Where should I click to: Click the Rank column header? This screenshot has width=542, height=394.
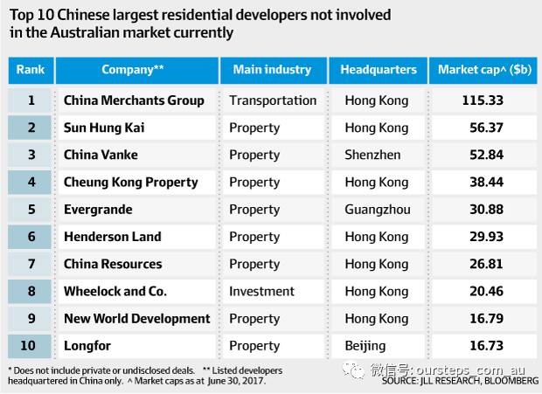[x=31, y=70]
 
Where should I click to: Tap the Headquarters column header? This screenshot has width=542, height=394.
[x=379, y=70]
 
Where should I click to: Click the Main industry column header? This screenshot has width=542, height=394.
[x=272, y=70]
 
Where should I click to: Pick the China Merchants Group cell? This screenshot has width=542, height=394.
[x=134, y=100]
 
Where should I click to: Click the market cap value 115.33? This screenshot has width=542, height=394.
[x=483, y=100]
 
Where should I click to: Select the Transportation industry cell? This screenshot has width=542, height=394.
[x=273, y=100]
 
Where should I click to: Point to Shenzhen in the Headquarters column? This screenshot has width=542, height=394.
[x=372, y=155]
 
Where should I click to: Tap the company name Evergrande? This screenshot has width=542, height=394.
[x=98, y=210]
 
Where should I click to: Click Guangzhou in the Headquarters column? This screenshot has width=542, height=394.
[x=377, y=210]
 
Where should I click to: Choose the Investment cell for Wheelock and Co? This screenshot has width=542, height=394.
[x=262, y=291]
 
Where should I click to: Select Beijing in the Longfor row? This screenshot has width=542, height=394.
[x=365, y=346]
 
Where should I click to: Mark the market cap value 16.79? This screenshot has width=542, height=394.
[x=483, y=319]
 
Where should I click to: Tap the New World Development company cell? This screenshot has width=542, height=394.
[x=137, y=319]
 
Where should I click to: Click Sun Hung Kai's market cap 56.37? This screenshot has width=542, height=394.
[x=483, y=128]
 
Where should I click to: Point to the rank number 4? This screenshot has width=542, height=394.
[x=31, y=183]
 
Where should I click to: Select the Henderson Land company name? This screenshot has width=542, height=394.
[x=113, y=237]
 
